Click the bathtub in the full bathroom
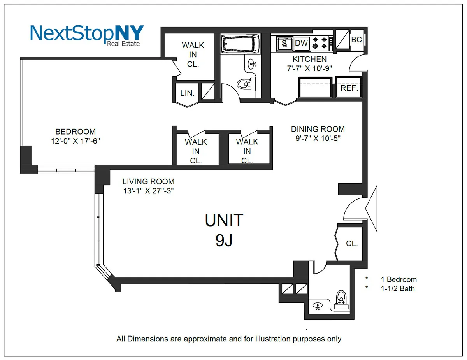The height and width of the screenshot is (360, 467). (240, 44)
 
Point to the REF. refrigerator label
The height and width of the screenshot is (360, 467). (349, 88)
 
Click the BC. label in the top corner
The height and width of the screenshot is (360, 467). (356, 40)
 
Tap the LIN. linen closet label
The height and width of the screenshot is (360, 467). (188, 93)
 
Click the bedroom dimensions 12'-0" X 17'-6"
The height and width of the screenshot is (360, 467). (75, 141)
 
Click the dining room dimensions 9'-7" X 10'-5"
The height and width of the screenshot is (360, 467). (318, 138)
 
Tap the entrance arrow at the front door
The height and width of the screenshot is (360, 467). (371, 209)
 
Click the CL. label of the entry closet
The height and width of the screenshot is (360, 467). (352, 244)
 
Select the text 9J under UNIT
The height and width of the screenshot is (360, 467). (224, 240)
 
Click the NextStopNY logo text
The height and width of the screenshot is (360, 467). (87, 33)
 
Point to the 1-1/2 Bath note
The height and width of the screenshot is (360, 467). (398, 288)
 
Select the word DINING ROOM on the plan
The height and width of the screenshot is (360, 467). (318, 129)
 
